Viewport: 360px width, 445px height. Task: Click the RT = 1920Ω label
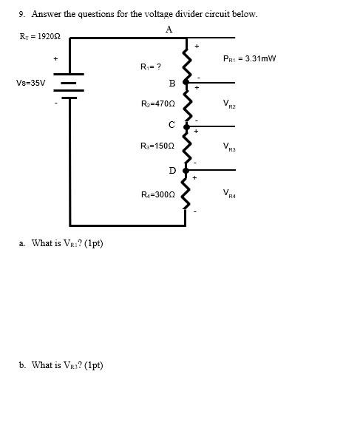[x=39, y=36]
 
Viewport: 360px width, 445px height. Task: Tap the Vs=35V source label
[x=30, y=83]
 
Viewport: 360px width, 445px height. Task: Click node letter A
[x=169, y=30]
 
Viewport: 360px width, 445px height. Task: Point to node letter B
[x=171, y=84]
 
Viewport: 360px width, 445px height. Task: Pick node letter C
[x=171, y=125]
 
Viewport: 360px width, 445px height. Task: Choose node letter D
[x=172, y=171]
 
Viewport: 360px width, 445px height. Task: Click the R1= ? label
[x=151, y=67]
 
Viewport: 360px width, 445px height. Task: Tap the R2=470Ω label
[x=157, y=104]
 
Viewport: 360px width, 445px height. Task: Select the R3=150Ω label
[x=157, y=146]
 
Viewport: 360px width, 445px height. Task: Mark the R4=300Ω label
[x=157, y=194]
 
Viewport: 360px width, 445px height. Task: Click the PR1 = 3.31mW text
[x=249, y=58]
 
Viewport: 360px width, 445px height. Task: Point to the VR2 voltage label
[x=228, y=105]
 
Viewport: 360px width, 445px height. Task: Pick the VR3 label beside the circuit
[x=228, y=147]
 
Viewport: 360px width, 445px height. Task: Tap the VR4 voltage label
[x=228, y=194]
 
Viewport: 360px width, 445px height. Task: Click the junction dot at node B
[x=186, y=84]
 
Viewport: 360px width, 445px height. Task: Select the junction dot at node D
[x=186, y=170]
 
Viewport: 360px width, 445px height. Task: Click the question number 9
[x=22, y=14]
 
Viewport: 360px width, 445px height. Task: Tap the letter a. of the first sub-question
[x=23, y=243]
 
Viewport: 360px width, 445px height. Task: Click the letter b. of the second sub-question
[x=23, y=365]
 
